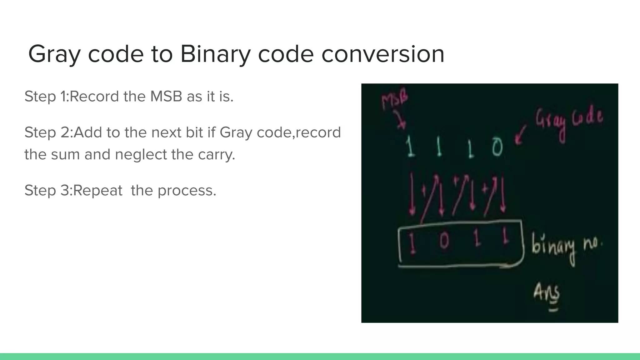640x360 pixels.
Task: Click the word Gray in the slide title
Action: click(54, 54)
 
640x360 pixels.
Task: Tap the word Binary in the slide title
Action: click(215, 54)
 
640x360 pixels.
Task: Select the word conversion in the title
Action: click(383, 54)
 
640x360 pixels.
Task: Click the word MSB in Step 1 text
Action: click(166, 96)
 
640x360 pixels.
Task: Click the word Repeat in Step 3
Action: click(97, 190)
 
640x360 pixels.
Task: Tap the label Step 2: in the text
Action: click(49, 132)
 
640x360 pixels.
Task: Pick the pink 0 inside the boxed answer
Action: click(444, 241)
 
